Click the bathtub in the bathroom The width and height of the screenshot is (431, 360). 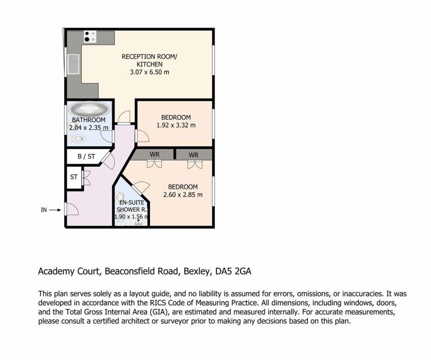(89, 109)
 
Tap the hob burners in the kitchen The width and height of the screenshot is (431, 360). (90, 37)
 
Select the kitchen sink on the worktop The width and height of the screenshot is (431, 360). (73, 64)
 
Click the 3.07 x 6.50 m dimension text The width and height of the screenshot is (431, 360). (149, 72)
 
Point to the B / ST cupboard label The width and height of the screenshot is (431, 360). (86, 157)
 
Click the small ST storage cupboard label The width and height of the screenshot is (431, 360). (74, 177)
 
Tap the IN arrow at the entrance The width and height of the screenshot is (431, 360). (55, 210)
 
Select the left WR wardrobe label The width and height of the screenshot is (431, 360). (154, 155)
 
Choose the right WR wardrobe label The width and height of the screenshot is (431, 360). (194, 155)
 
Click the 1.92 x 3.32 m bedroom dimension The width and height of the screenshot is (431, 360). (176, 125)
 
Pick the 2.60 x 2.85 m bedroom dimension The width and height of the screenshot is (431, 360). (183, 195)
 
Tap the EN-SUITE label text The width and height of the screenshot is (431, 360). (132, 203)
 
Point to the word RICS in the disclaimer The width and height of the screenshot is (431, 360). (158, 303)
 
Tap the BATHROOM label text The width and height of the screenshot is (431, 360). (88, 120)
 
